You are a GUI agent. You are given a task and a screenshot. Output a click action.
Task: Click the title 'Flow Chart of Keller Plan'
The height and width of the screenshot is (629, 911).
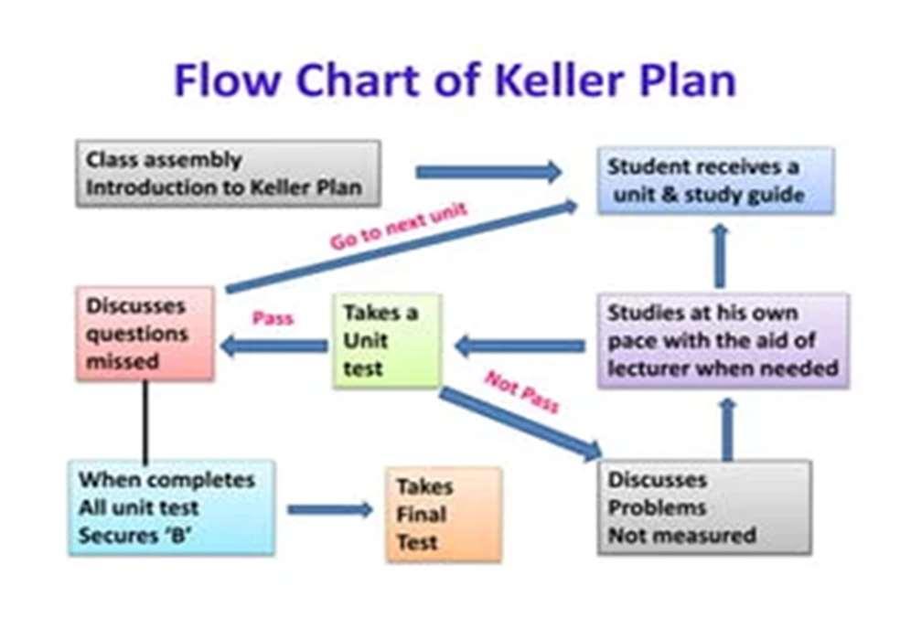click(455, 80)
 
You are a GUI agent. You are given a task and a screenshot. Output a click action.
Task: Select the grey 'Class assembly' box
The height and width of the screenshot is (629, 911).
click(228, 173)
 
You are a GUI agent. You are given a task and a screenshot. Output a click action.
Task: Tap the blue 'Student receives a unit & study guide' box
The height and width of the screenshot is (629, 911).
click(715, 180)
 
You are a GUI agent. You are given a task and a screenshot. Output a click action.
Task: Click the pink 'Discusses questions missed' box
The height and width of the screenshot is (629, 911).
click(145, 334)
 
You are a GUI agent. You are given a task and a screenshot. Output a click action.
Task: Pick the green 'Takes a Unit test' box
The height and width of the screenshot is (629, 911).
click(387, 340)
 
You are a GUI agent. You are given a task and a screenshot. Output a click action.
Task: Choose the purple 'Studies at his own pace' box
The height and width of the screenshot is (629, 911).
click(723, 340)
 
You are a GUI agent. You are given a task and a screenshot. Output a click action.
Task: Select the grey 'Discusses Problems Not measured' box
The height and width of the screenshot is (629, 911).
click(704, 506)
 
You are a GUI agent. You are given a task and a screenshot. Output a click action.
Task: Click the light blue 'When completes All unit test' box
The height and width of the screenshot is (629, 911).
click(171, 506)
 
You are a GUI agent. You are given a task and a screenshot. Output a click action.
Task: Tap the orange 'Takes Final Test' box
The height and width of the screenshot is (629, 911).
click(444, 514)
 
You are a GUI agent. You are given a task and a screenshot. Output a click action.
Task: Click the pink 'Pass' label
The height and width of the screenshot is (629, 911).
click(272, 318)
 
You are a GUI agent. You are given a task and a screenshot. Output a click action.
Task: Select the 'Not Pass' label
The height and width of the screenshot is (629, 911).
click(521, 391)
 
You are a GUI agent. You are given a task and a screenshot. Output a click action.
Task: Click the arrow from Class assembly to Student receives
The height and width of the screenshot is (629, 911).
click(488, 171)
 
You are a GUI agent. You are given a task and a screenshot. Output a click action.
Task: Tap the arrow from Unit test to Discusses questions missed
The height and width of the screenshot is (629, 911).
click(273, 346)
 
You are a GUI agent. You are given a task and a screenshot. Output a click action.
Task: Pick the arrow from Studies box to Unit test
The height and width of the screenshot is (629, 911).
click(519, 346)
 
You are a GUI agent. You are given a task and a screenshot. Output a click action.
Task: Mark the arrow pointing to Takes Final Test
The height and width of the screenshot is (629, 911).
click(329, 509)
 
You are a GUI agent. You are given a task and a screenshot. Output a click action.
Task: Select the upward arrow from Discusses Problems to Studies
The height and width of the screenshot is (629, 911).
click(727, 429)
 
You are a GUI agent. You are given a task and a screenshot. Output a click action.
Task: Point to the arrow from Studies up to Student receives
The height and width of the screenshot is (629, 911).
click(720, 255)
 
